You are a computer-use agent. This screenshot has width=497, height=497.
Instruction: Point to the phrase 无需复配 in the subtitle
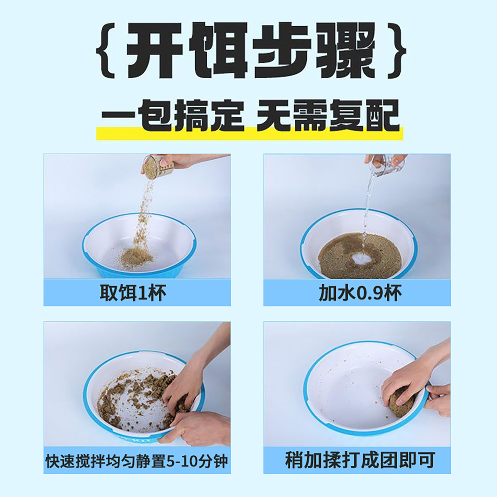pos(328,116)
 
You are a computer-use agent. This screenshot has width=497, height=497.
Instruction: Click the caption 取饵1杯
pos(133,293)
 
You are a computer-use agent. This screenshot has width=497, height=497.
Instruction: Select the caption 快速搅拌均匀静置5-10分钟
pos(137,461)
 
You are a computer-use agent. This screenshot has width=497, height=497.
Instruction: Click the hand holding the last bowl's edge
pos(440,399)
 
